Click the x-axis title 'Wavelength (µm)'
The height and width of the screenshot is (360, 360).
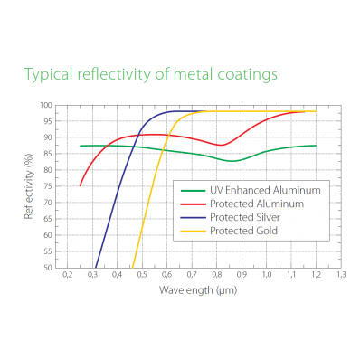[198, 289]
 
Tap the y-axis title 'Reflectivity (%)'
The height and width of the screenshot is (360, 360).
[28, 186]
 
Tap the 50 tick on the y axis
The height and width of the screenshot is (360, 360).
[47, 268]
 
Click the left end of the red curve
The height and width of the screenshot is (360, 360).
[81, 185]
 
